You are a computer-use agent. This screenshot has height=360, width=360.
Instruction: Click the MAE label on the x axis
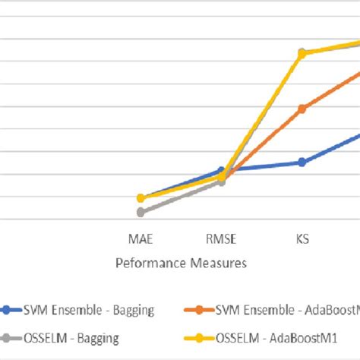[141, 240]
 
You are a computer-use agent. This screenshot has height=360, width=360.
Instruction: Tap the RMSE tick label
[221, 240]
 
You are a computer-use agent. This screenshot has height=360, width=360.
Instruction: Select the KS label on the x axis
[302, 240]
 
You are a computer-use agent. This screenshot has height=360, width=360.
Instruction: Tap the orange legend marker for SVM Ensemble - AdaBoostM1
[200, 309]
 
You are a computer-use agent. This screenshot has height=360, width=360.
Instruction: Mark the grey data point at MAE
[141, 212]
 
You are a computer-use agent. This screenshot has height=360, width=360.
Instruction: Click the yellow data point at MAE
[141, 198]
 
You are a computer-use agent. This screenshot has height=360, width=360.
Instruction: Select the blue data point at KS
[302, 162]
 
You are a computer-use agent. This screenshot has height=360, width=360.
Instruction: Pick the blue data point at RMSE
[221, 171]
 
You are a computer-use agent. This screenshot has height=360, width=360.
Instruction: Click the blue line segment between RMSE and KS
[261, 166]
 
